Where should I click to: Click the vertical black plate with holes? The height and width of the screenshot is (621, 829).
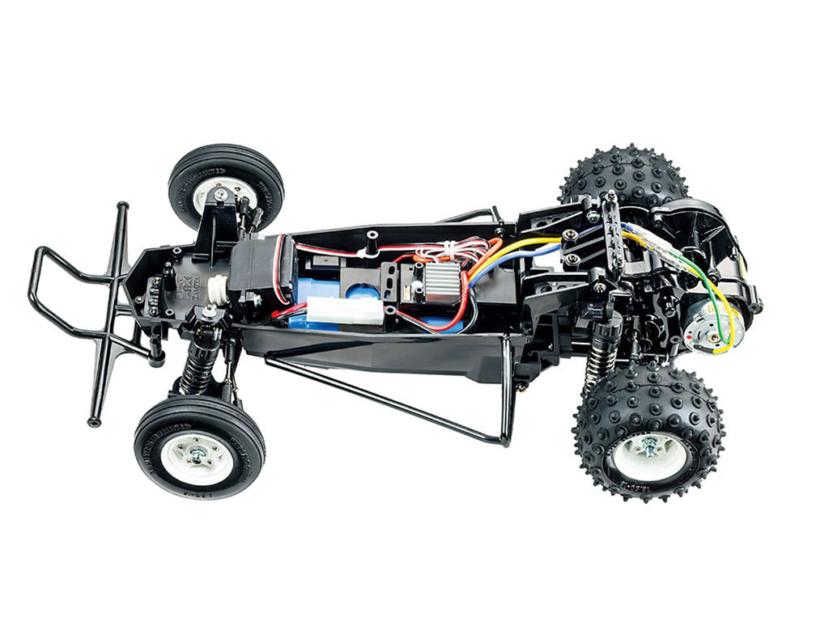tap(614, 239)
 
